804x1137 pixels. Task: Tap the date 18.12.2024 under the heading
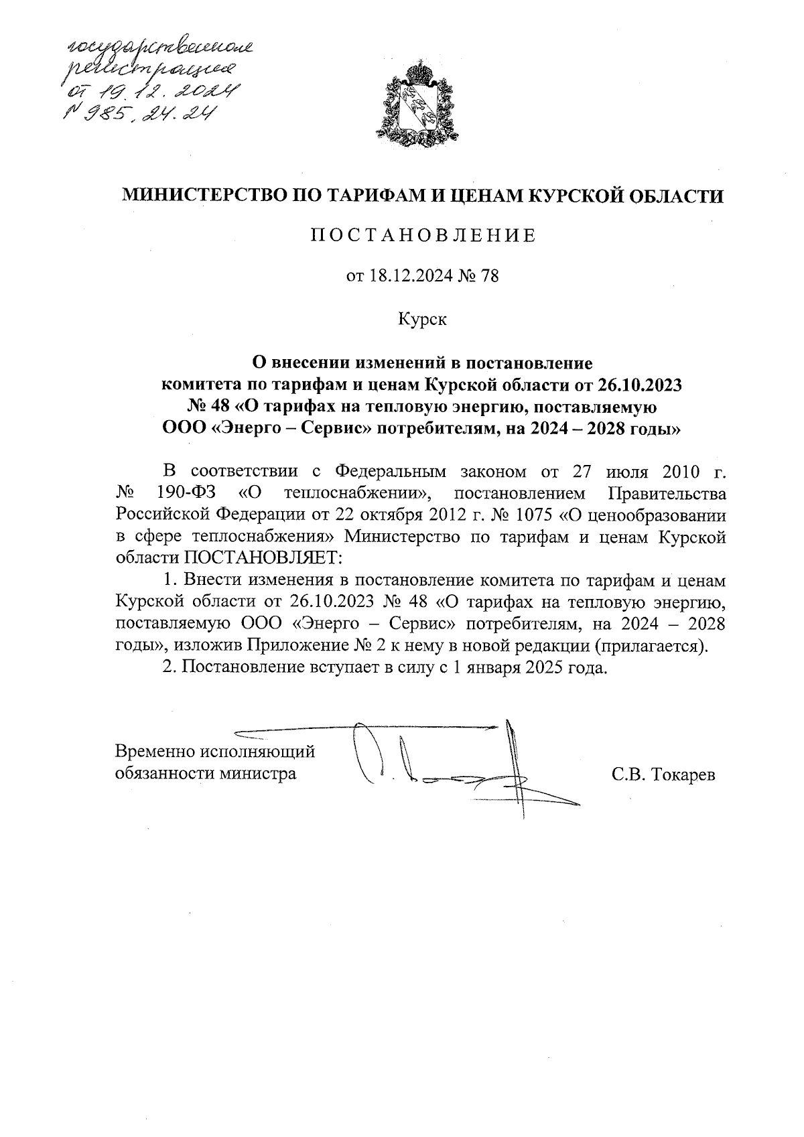tap(400, 277)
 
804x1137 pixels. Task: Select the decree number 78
tap(490, 277)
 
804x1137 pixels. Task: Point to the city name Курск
tap(422, 318)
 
